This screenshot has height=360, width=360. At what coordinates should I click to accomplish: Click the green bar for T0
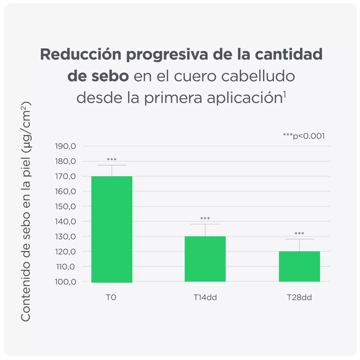tap(112, 229)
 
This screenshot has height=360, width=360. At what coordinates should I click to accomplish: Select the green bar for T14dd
tap(205, 259)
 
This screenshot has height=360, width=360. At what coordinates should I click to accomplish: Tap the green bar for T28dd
tap(299, 266)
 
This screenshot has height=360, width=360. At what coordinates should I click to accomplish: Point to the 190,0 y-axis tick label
tap(65, 146)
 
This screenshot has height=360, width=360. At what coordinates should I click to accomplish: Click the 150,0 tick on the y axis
tap(65, 206)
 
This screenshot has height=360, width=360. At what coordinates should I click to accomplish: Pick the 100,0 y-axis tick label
tap(65, 282)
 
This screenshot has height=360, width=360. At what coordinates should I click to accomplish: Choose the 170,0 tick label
tap(65, 176)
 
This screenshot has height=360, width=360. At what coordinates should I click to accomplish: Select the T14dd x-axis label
tap(205, 298)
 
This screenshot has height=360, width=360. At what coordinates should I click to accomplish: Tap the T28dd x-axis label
tap(299, 298)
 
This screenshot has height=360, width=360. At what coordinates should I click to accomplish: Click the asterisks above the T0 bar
tap(112, 160)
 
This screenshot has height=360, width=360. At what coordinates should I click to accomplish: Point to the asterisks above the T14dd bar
tap(205, 219)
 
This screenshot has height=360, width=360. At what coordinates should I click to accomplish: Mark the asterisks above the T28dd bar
tap(299, 234)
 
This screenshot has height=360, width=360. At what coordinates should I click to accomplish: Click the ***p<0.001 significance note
tap(304, 136)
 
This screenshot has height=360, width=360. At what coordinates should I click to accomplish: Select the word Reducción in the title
tap(80, 54)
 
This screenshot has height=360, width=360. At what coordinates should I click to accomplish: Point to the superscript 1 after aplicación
tap(284, 95)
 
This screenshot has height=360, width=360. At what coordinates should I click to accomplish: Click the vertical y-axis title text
tap(26, 211)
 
